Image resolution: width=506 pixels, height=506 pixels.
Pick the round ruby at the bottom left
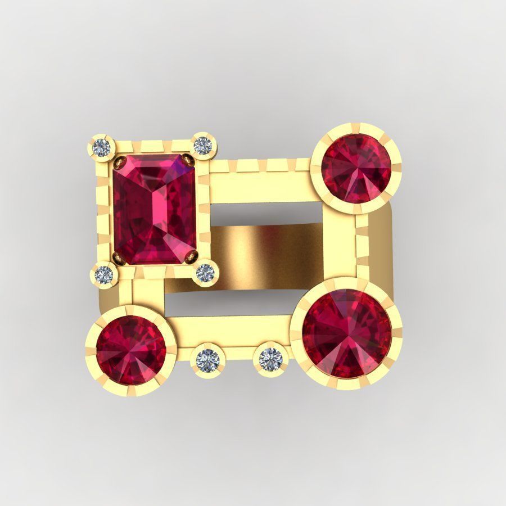click(x=131, y=350)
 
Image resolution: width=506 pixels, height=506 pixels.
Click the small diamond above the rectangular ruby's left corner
click(x=102, y=147)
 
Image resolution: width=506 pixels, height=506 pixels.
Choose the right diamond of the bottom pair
click(x=270, y=357)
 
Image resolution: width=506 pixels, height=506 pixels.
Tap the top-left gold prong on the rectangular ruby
click(x=120, y=163)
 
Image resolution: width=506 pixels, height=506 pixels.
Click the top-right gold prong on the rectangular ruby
click(x=189, y=161)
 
